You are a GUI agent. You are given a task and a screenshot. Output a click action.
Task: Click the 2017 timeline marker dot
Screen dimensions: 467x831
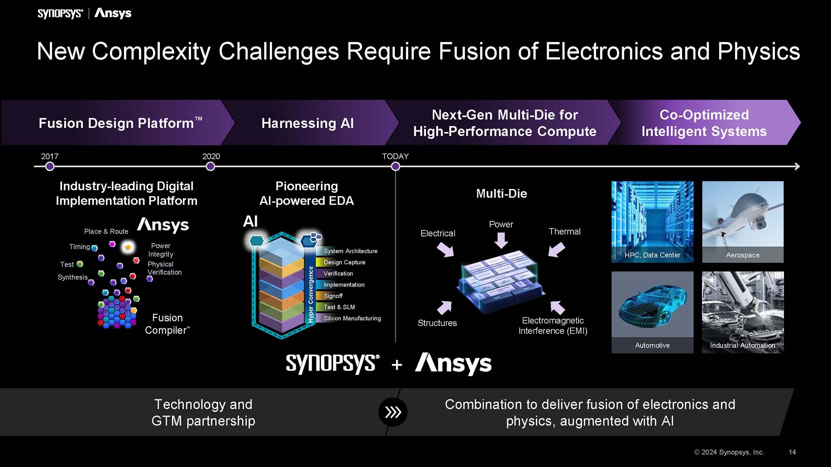tap(50, 166)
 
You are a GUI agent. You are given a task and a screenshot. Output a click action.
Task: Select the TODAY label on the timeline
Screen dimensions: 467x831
tap(395, 156)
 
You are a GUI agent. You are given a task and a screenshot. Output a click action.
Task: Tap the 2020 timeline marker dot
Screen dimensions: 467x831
tap(210, 166)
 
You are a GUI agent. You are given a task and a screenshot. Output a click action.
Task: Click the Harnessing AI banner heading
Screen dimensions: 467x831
tap(308, 123)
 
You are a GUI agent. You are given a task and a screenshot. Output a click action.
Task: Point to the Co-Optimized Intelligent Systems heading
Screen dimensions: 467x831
tap(704, 123)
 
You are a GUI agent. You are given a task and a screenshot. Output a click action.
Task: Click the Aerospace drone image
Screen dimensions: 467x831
tap(743, 215)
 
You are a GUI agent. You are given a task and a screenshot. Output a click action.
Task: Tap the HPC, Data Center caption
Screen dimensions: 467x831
tap(652, 255)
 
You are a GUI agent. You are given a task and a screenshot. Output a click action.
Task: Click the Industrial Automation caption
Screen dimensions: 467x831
tap(743, 345)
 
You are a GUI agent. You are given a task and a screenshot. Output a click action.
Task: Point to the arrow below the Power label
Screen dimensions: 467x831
tap(501, 240)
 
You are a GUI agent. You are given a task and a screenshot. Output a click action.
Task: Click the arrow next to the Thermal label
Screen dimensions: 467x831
tap(557, 249)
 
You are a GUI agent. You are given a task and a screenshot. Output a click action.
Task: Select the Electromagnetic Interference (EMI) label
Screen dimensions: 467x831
tap(553, 326)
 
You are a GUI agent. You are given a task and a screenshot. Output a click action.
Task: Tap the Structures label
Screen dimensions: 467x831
tap(437, 323)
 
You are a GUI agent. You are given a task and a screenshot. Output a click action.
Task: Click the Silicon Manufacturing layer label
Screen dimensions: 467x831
tap(352, 318)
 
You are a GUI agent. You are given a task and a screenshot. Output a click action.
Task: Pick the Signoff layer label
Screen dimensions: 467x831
tap(333, 296)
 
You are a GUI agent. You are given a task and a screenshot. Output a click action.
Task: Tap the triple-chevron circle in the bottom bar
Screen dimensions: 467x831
tap(393, 412)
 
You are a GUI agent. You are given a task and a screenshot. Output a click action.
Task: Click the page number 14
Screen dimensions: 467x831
tap(792, 452)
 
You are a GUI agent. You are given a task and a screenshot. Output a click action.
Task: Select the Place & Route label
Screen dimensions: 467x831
tap(106, 231)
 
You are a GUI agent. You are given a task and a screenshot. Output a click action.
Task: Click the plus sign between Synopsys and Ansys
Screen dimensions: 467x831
tap(397, 365)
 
